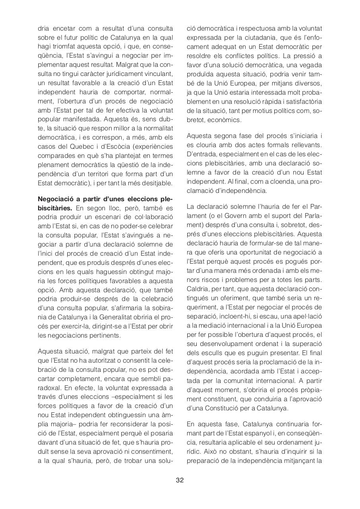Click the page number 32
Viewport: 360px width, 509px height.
(x=180, y=480)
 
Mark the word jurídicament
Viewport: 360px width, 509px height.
(x=127, y=74)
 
